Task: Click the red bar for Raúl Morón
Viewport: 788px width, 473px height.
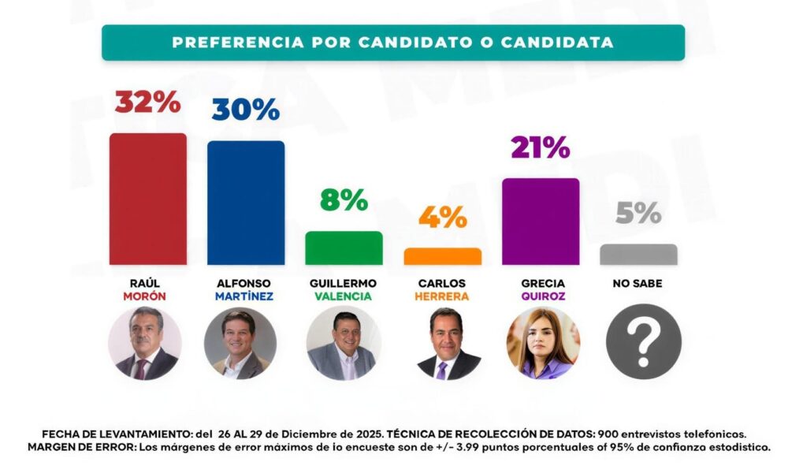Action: [x=148, y=199]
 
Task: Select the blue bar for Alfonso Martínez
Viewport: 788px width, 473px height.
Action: [x=246, y=203]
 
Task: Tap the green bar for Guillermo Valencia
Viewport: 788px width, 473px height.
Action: [x=344, y=248]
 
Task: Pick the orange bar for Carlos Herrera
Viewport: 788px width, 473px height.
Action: [x=442, y=256]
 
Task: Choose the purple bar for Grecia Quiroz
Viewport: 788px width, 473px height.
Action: [x=541, y=222]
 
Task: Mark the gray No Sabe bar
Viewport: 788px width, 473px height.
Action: [x=638, y=254]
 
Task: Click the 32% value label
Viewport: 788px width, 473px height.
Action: [x=148, y=102]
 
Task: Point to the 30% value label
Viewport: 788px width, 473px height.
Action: [x=245, y=110]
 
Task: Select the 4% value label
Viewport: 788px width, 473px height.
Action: [x=442, y=217]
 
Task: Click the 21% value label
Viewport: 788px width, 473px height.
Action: [x=540, y=147]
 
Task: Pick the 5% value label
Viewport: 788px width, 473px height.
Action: [x=638, y=213]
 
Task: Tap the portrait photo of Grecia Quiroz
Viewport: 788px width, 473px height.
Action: [x=542, y=343]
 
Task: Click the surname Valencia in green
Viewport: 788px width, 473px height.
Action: [x=344, y=296]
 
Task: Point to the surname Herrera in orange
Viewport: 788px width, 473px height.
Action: [x=442, y=296]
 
